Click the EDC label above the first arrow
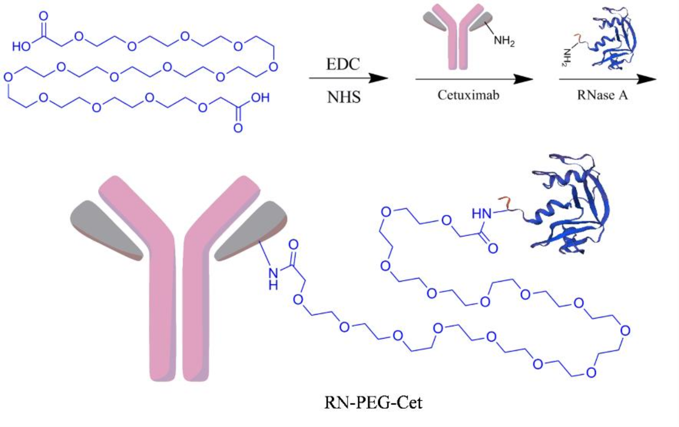coord(343,64)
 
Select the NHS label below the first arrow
coord(344,97)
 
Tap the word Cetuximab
coord(468,95)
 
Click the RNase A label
coord(602,95)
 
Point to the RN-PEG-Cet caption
coord(373,402)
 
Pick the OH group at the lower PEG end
coord(260,98)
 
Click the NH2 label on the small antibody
coord(504,41)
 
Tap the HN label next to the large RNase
coord(481,214)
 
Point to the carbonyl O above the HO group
coord(43,16)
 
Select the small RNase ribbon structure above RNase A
coord(612,39)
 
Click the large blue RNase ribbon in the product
coord(571,206)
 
